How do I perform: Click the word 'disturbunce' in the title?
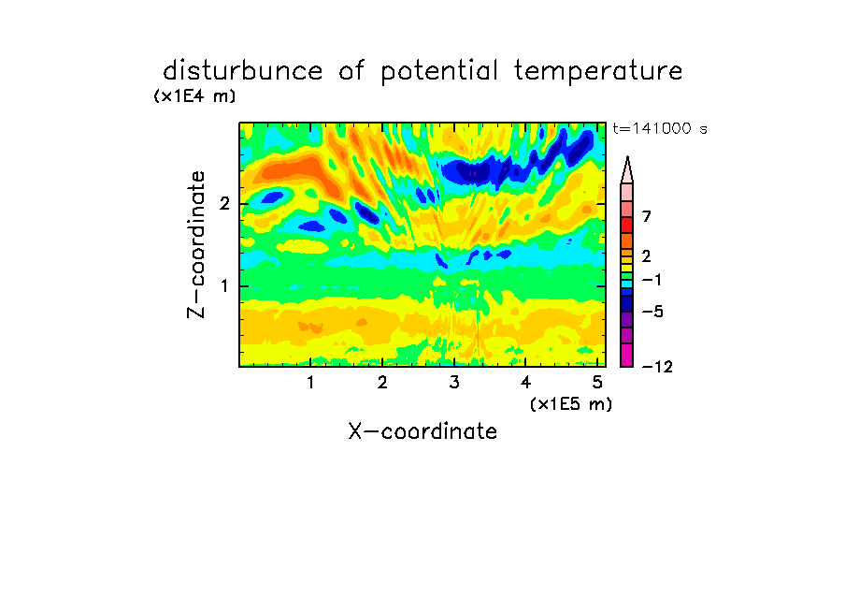[x=243, y=71]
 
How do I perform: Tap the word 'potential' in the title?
[x=439, y=72]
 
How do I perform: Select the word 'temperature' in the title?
[x=598, y=72]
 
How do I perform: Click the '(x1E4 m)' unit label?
[x=194, y=96]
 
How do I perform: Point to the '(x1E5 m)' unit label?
[x=571, y=403]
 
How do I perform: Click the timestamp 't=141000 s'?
[x=660, y=128]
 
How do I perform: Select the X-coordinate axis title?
[x=422, y=431]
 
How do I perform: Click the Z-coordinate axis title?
[x=196, y=244]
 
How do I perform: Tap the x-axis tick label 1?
[x=311, y=383]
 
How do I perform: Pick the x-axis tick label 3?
[x=454, y=383]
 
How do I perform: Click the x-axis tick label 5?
[x=597, y=383]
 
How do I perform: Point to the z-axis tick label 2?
[x=224, y=204]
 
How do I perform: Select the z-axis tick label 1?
[x=224, y=286]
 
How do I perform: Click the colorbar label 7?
[x=647, y=217]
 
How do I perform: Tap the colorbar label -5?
[x=652, y=312]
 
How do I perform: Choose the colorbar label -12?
[x=657, y=367]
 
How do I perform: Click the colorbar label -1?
[x=652, y=280]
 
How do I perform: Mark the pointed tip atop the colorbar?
[x=627, y=156]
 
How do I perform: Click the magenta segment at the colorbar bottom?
[x=627, y=355]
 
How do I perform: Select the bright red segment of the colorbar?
[x=627, y=225]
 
